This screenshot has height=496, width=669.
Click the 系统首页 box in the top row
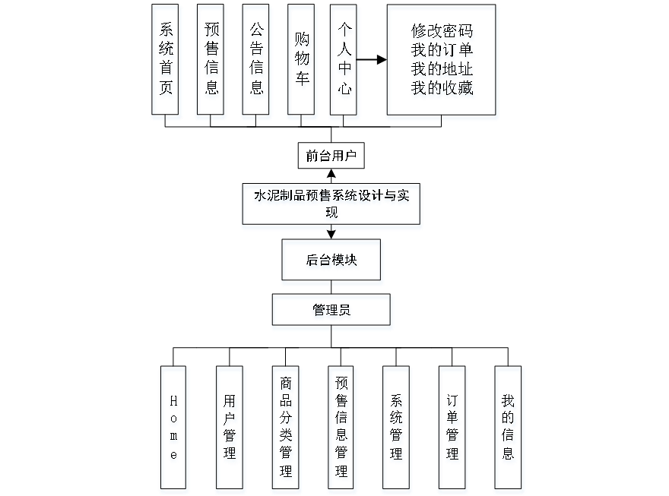pos(166,62)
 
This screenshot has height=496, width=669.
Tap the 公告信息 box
pos(257,62)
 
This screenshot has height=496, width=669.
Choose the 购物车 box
pos(302,62)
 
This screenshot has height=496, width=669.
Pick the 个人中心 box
pos(345,62)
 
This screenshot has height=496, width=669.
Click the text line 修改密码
pos(442,33)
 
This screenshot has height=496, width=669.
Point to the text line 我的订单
pos(442,52)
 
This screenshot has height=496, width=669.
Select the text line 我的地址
pos(442,71)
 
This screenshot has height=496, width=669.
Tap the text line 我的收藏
pos(442,90)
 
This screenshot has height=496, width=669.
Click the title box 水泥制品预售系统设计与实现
pos(331,206)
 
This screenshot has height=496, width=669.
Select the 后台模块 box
pos(332,262)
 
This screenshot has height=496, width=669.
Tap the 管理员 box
pos(332,311)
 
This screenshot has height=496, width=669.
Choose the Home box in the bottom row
pos(174,429)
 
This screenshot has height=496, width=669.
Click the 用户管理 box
pos(230,429)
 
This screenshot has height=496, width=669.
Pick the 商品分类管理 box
pos(286,429)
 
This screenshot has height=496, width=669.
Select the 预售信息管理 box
pos(342,429)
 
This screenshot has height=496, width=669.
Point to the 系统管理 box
pos(397,429)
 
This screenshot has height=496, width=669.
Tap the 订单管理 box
pos(453,429)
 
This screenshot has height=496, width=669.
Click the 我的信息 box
pos(509,429)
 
